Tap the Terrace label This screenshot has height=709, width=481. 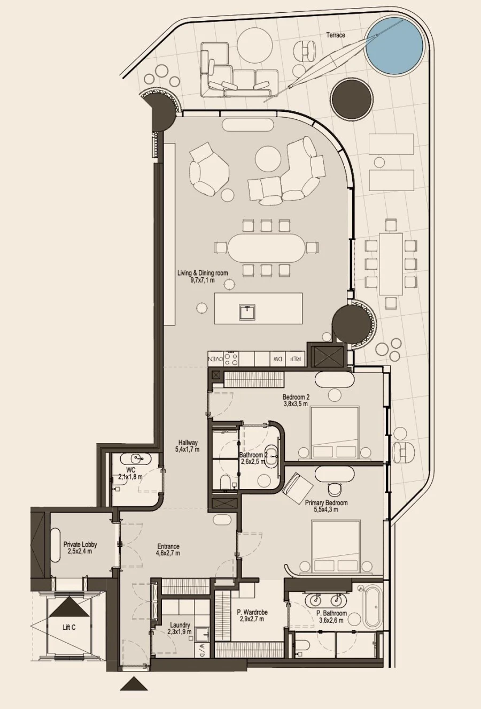tap(336, 35)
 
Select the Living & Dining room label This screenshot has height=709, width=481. tap(203, 276)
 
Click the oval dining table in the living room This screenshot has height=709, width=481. tap(265, 248)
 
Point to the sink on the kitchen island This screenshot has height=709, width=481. tap(247, 311)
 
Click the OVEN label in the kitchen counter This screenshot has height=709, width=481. tap(215, 359)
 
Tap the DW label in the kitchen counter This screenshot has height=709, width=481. tap(277, 359)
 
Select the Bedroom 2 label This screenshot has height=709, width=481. tap(296, 400)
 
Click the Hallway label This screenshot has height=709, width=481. tap(188, 446)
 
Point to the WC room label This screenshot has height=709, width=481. tap(130, 473)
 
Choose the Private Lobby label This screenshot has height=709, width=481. tap(80, 547)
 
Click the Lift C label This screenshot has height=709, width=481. tap(69, 627)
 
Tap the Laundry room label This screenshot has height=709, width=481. tap(180, 628)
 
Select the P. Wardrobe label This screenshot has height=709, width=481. tap(252, 615)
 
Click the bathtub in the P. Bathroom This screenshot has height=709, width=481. tap(371, 606)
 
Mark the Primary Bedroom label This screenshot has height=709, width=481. tap(326, 506)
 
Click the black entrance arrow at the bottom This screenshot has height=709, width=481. tap(134, 684)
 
